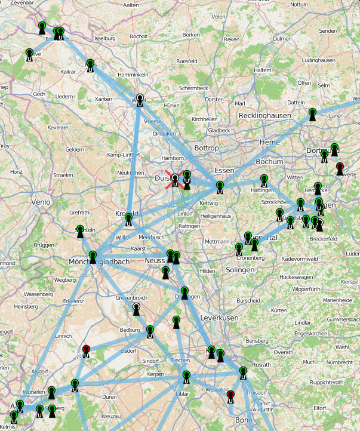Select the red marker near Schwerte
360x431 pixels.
coord(340,168)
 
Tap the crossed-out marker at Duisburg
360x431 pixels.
coord(175,180)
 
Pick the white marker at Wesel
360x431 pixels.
coord(140,100)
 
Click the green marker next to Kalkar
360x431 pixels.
coord(90,64)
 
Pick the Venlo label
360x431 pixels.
coord(41,202)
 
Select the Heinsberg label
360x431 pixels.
coord(26,306)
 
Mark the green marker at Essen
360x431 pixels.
coord(220,187)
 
